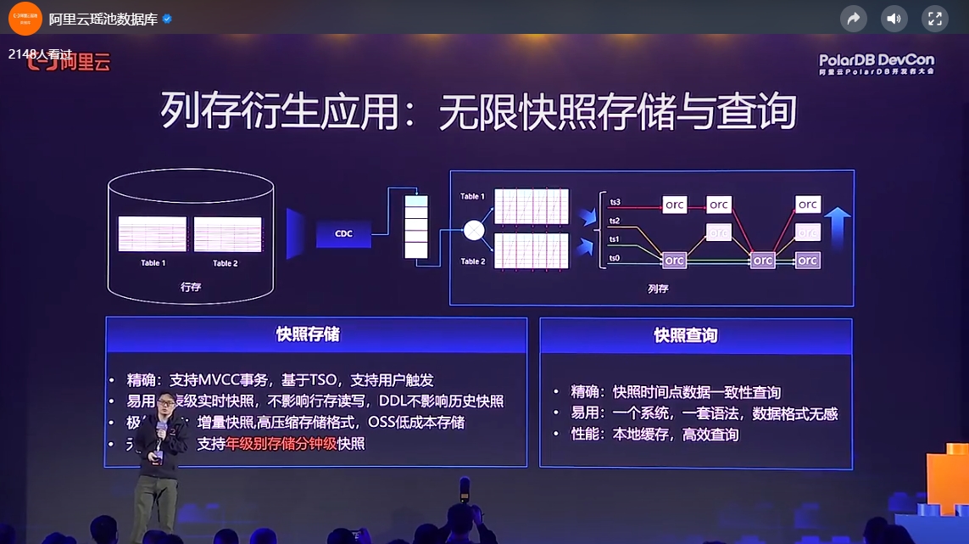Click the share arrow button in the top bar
[853, 19]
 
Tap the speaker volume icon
[894, 19]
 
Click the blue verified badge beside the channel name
[167, 19]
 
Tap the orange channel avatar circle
[25, 18]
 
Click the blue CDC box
[343, 233]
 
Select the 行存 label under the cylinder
[191, 288]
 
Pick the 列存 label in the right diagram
[658, 289]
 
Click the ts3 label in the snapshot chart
[615, 202]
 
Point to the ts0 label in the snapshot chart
[615, 256]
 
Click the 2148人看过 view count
[42, 53]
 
